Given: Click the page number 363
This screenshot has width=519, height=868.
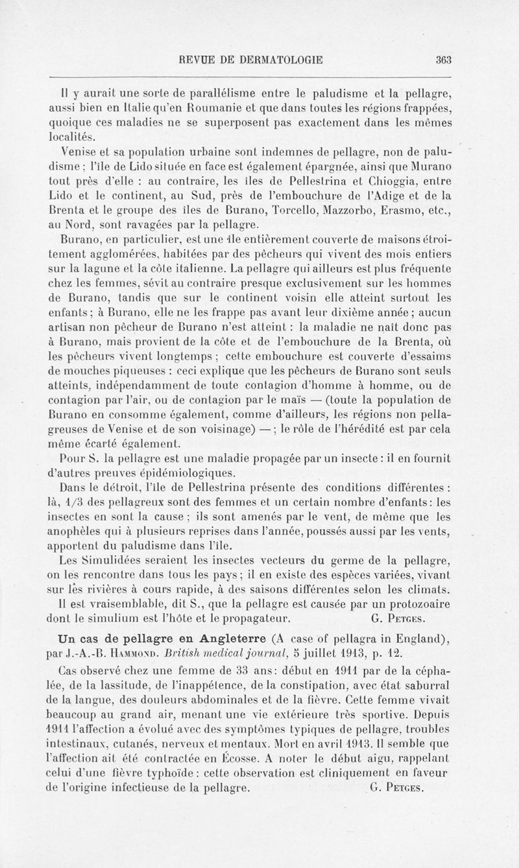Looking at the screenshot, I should pos(444,60).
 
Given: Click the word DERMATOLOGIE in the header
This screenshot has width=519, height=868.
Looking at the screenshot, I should pos(275,60).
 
